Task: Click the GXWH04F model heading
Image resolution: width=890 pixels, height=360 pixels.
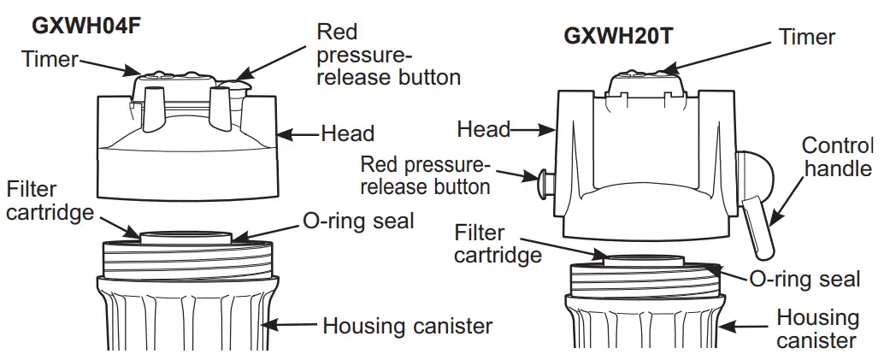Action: click(x=85, y=25)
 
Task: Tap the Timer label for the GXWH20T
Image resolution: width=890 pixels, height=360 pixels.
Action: click(x=806, y=37)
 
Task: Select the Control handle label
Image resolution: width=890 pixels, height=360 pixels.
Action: click(x=838, y=156)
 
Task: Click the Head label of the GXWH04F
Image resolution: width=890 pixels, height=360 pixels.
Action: click(x=347, y=133)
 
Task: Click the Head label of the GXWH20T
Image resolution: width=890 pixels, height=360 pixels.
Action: click(x=483, y=129)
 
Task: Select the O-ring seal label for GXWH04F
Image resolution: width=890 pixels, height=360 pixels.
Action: click(x=358, y=221)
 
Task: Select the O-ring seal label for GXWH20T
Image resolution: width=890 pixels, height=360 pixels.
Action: click(x=805, y=279)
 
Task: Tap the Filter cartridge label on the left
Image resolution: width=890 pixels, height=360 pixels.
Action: click(x=50, y=200)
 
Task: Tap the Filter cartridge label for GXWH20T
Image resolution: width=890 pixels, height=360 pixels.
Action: click(x=498, y=244)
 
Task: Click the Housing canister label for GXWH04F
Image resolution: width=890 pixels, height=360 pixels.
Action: click(x=407, y=325)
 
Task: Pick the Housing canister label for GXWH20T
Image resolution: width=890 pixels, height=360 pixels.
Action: click(x=817, y=329)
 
